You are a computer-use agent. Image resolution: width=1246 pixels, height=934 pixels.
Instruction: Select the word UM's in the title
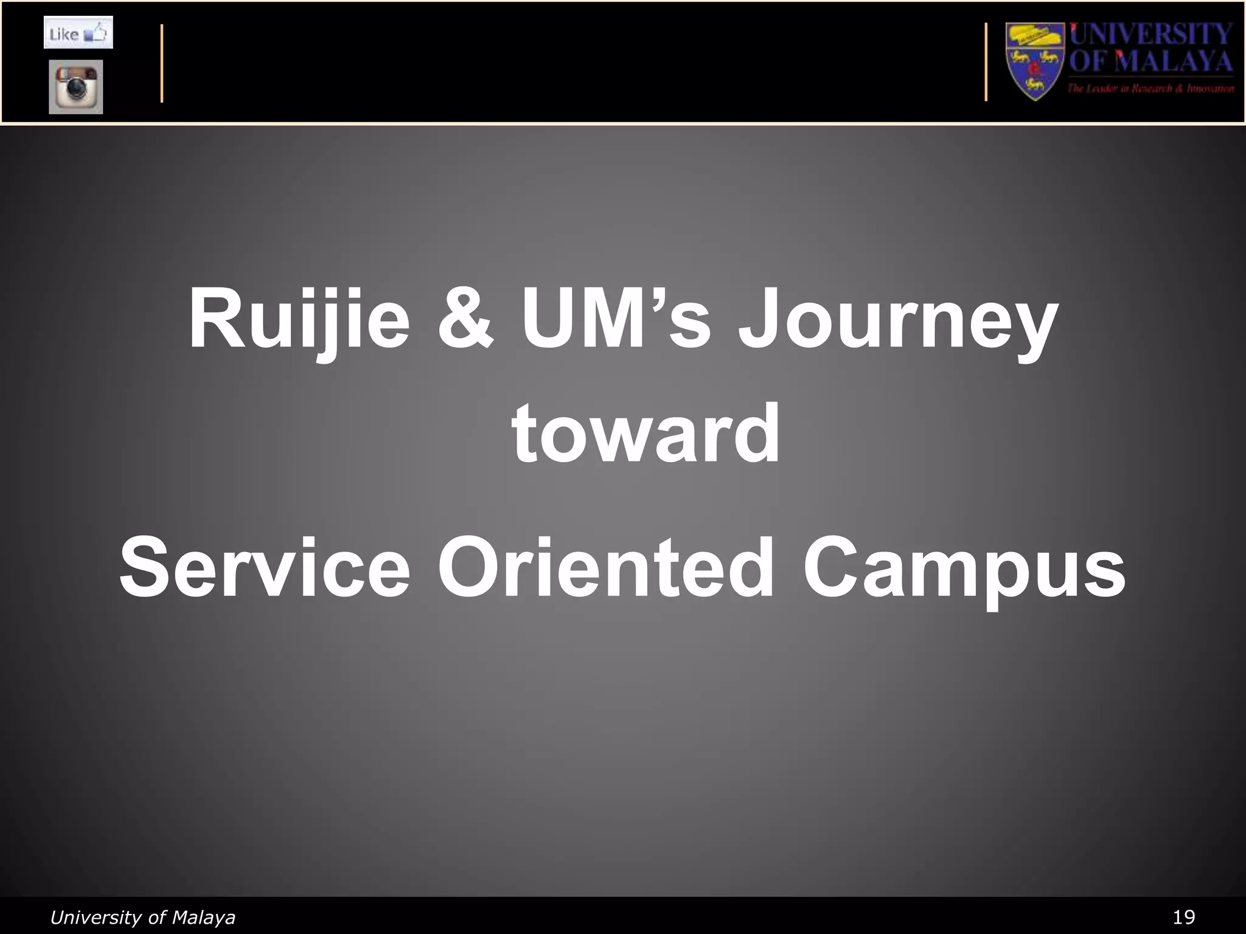[x=615, y=320]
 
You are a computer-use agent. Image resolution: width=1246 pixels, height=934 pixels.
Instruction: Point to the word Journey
[x=898, y=322]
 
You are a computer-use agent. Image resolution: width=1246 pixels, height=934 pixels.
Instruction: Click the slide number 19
[x=1184, y=916]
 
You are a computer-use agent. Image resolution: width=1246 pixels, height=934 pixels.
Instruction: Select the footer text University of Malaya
[x=142, y=917]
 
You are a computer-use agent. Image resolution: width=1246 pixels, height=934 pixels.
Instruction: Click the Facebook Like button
[x=78, y=33]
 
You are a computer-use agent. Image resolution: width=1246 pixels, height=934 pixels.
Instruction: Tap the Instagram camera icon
[x=76, y=86]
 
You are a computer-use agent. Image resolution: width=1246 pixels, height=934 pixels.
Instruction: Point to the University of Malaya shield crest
[x=1035, y=61]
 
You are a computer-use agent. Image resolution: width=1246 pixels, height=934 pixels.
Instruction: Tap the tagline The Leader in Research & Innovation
[x=1150, y=89]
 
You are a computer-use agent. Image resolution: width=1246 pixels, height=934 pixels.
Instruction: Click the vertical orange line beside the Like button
[x=162, y=63]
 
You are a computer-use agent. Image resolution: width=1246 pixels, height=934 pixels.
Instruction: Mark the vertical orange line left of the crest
[x=986, y=62]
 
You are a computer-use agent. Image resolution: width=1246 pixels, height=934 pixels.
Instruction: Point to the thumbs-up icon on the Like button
[x=97, y=32]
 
